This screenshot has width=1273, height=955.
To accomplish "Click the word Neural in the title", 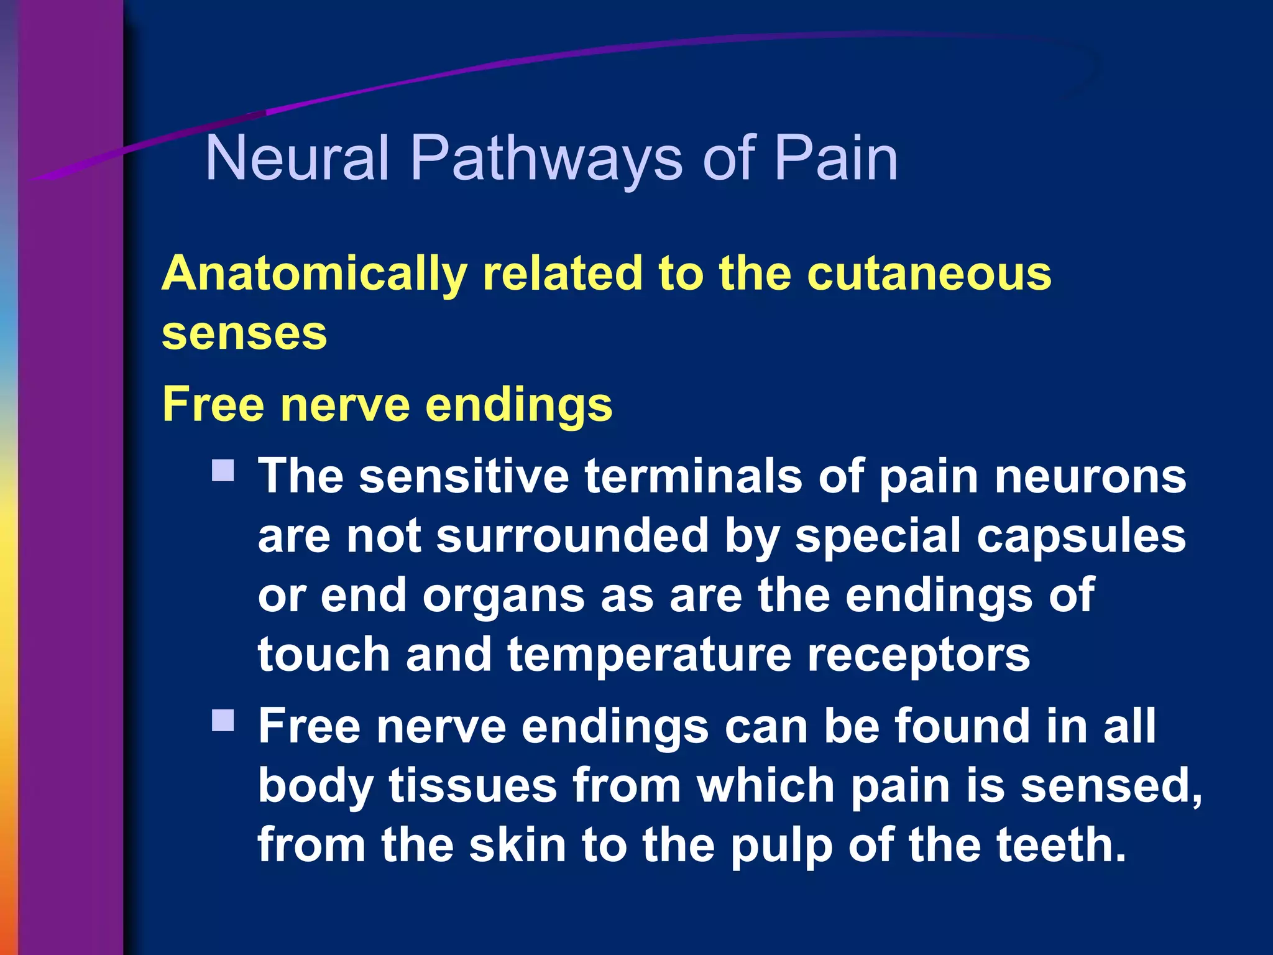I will (x=297, y=159).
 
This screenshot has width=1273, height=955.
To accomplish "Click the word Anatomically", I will (x=314, y=274).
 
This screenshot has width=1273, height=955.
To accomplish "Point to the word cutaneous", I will (x=929, y=274).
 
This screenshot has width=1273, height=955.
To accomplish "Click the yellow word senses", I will (x=244, y=334).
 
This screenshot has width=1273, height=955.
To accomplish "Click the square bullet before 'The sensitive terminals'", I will (x=223, y=471).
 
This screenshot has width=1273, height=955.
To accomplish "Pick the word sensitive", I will (x=464, y=476).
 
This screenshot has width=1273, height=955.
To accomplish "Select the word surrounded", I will (x=572, y=536).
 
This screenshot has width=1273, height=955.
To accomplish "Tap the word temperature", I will (x=649, y=655).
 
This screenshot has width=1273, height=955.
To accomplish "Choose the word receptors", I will (x=918, y=655).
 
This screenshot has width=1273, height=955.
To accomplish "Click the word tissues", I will (x=472, y=786).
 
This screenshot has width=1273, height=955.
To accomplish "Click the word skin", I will (x=517, y=845).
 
